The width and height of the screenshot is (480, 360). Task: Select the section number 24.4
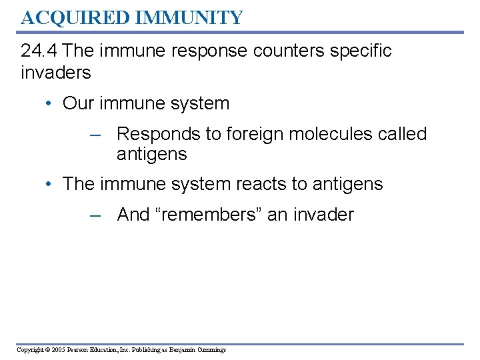point(41,51)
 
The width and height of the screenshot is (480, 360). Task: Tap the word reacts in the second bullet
point(231,184)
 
